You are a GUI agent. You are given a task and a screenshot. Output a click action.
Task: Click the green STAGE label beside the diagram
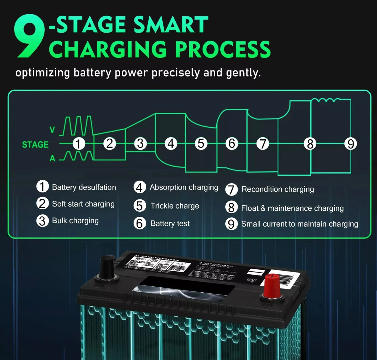[x=35, y=145]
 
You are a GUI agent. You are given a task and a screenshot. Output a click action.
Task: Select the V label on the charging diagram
[x=52, y=130]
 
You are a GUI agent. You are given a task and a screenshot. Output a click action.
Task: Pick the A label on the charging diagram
[x=52, y=159]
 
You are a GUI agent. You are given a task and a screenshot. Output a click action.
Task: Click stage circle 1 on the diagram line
[x=78, y=144]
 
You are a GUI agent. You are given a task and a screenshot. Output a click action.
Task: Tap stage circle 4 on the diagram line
[x=171, y=144]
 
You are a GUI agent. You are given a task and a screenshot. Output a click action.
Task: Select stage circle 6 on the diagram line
[x=232, y=144]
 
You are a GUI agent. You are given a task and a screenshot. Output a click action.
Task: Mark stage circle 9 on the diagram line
[x=351, y=144]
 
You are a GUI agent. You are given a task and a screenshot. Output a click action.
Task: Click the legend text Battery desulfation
[x=84, y=187]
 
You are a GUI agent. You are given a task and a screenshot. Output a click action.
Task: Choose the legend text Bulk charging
[x=75, y=221]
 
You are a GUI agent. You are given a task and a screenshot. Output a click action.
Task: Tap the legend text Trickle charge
[x=175, y=206]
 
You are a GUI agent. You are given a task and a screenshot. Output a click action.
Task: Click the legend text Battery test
[x=170, y=224]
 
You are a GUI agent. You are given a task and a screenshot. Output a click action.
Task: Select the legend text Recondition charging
[x=277, y=189]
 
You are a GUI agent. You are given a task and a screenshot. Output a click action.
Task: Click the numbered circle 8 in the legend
[x=231, y=207]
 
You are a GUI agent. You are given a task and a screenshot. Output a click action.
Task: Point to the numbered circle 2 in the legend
[x=42, y=204]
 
